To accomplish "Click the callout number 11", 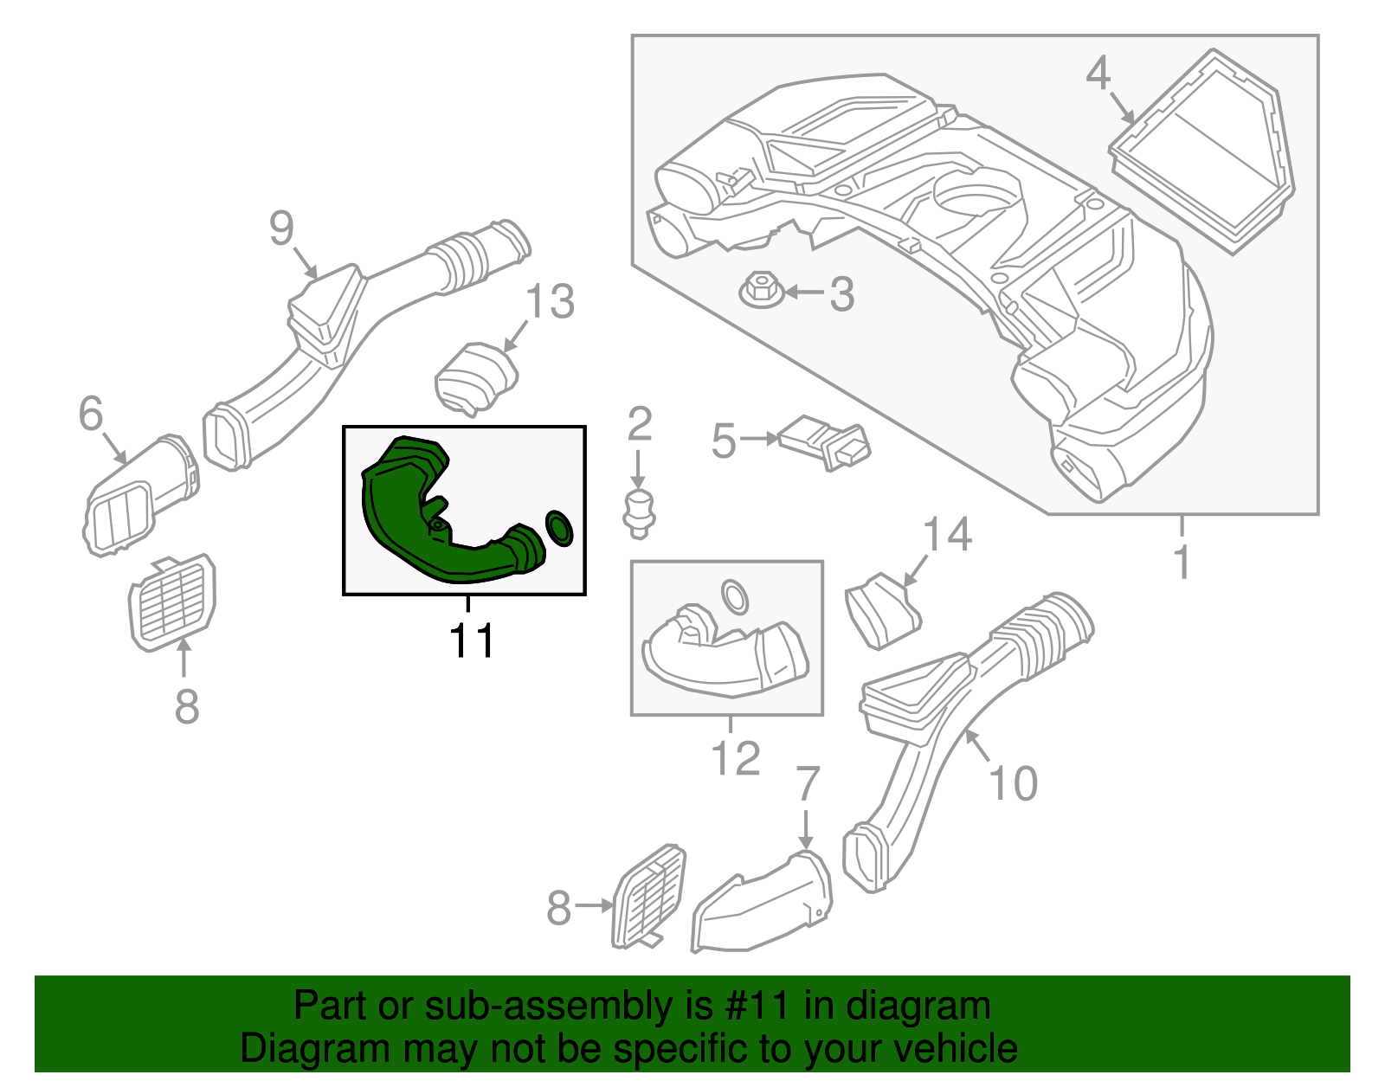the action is (x=471, y=640).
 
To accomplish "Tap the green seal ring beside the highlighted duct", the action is (x=559, y=528).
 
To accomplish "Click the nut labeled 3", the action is (x=762, y=291).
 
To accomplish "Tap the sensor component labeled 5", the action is (x=824, y=443).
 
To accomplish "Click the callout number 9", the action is (x=281, y=228).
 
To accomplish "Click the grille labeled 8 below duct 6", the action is (x=172, y=602).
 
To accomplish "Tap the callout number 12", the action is (x=736, y=758).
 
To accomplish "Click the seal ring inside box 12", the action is (x=734, y=597).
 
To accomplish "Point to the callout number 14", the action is (x=947, y=534).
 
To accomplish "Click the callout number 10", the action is (x=1013, y=783).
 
